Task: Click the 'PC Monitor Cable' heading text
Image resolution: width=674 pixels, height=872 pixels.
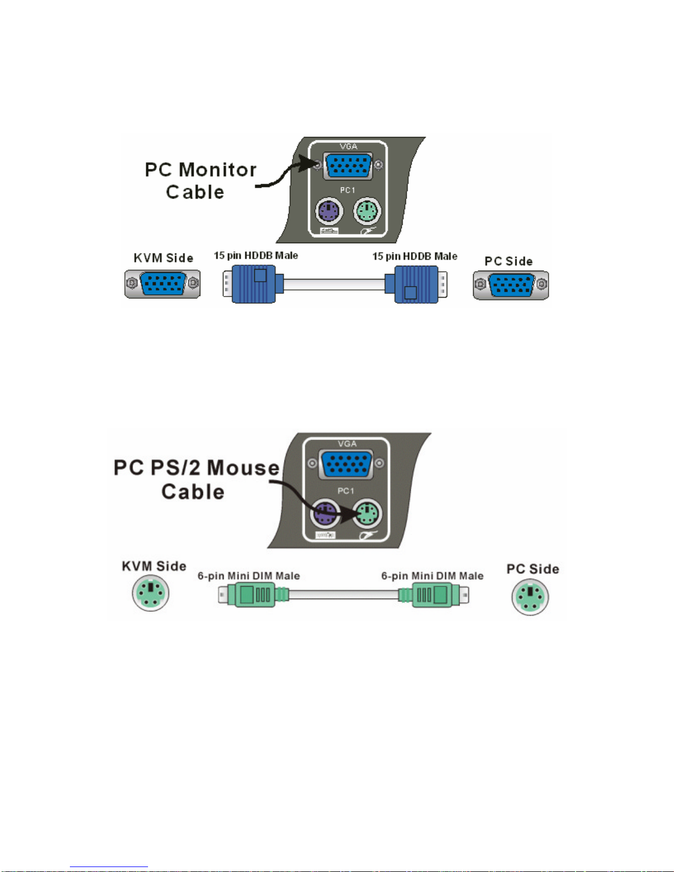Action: click(200, 180)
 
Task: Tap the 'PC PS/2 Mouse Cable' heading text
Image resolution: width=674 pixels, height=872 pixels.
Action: click(196, 480)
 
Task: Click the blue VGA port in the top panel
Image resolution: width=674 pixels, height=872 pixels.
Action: click(348, 166)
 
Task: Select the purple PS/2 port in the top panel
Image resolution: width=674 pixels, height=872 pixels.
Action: click(329, 211)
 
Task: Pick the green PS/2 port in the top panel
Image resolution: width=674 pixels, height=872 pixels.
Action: click(367, 211)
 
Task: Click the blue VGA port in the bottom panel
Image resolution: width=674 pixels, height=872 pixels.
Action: click(346, 464)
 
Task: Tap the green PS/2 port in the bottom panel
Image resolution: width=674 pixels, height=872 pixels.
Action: click(367, 514)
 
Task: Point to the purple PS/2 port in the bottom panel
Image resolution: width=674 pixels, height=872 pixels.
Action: click(324, 514)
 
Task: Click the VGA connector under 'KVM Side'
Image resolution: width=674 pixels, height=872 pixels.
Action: click(162, 284)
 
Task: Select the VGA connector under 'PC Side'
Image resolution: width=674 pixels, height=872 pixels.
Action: click(511, 286)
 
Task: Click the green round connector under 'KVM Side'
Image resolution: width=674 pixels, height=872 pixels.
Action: click(150, 593)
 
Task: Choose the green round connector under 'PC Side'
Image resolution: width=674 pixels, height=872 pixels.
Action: click(530, 597)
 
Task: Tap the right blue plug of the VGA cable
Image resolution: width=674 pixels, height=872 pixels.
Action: click(416, 284)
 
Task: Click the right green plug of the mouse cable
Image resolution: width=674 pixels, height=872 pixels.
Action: click(434, 594)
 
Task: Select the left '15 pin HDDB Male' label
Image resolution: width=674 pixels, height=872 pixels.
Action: click(255, 256)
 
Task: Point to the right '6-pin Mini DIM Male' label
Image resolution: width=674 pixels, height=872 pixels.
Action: click(432, 576)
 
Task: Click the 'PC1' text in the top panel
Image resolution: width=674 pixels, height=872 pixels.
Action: click(347, 190)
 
